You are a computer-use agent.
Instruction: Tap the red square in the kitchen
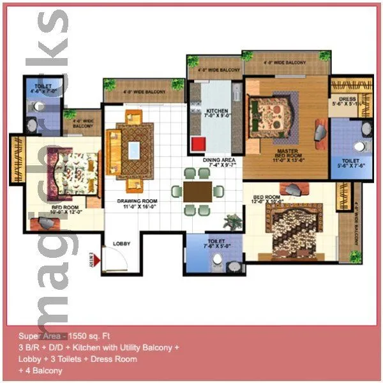coord(198,143)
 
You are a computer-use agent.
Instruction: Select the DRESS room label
coord(347,101)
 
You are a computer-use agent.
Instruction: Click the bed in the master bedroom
coord(272,114)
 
